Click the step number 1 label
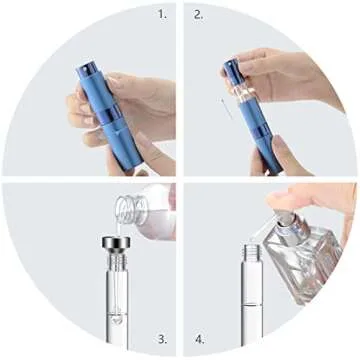click(x=163, y=14)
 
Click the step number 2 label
click(x=198, y=14)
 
